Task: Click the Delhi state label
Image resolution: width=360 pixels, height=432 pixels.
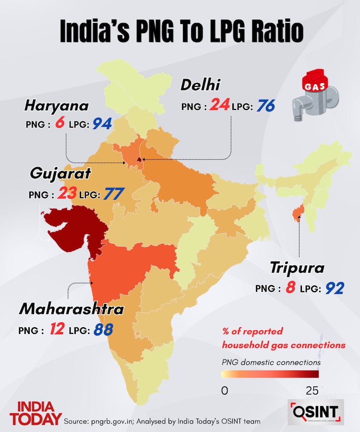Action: [x=200, y=85]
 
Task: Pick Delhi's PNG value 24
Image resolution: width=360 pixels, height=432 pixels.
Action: [x=219, y=105]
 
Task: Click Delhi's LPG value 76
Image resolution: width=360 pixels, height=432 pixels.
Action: [x=265, y=106]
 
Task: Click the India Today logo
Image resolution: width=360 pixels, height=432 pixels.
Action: [x=38, y=412]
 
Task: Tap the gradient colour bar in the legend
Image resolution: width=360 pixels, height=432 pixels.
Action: [x=270, y=374]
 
